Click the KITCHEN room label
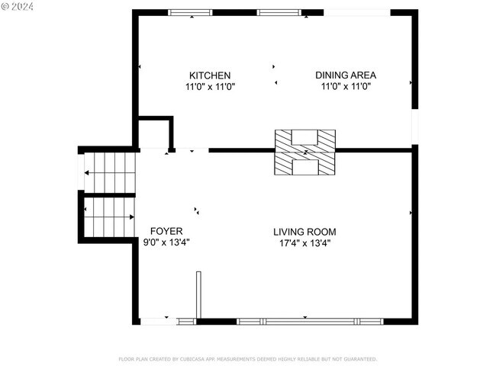210,75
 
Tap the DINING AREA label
346,75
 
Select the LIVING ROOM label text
304,232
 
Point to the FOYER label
166,231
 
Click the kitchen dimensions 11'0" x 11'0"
210,87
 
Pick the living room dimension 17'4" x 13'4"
304,243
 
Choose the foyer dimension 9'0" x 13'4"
166,242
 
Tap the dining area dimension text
346,87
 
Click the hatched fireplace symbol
305,152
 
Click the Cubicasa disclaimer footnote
247,358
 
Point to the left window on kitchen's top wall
191,13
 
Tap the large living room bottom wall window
310,322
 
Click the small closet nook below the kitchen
155,134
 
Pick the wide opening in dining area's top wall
357,13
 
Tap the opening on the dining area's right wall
415,127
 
